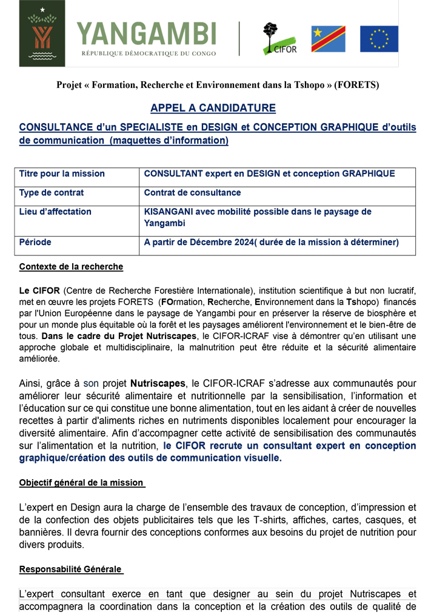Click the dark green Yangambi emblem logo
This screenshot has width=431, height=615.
(x=42, y=33)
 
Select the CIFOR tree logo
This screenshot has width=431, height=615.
(x=279, y=38)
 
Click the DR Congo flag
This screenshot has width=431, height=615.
(x=328, y=39)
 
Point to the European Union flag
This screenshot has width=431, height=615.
(x=379, y=39)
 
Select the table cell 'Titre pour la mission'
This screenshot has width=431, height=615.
(x=62, y=174)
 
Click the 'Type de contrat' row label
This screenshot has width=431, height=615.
(x=52, y=193)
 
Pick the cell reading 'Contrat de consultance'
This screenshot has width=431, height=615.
(x=192, y=193)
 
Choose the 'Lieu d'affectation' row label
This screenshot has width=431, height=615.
(x=55, y=212)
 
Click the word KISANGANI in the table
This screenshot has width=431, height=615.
(x=169, y=212)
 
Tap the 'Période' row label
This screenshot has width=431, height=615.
(x=35, y=242)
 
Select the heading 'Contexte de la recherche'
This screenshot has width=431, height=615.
(x=71, y=266)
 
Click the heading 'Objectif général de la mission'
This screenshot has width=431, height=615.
(x=82, y=483)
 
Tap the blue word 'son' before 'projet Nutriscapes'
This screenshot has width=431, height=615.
(x=91, y=383)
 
